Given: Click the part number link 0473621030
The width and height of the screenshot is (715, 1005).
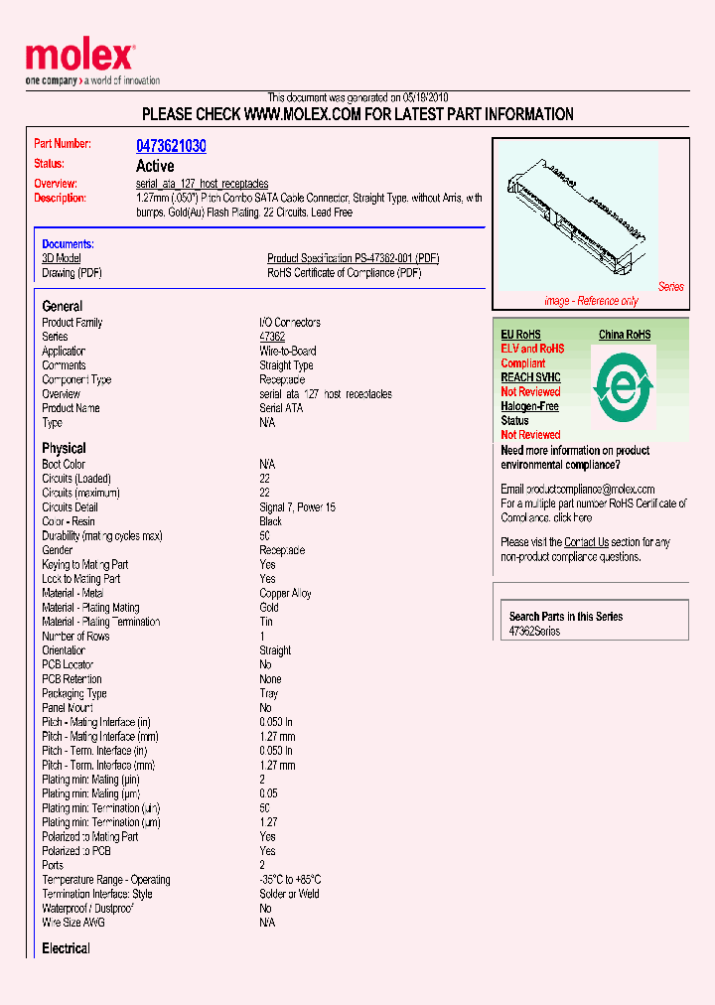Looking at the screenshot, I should click(171, 146).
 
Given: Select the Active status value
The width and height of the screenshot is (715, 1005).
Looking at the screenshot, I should click(155, 166).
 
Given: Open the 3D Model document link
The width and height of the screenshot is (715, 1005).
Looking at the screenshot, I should click(61, 258).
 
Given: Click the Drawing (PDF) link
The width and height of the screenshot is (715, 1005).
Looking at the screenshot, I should click(71, 273).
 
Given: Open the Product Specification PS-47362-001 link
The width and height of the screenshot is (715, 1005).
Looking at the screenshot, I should click(353, 258).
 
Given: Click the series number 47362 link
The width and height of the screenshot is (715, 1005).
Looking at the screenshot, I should click(271, 337).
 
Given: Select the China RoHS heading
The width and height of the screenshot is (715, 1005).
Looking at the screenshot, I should click(624, 335).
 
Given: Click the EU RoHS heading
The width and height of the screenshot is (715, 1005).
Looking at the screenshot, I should click(520, 335).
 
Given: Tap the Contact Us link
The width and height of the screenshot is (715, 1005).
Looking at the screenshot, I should click(586, 542).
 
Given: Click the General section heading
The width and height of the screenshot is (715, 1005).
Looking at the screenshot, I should click(63, 306).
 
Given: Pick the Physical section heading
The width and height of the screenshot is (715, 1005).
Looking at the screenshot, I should click(64, 448).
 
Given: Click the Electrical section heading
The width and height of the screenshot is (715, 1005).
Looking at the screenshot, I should click(66, 948).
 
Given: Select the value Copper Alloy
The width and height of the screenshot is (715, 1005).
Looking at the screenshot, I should click(285, 593).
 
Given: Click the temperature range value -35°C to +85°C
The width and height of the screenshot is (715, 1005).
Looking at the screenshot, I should click(290, 880).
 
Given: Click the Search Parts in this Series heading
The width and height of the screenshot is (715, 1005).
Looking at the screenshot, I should click(565, 617).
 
